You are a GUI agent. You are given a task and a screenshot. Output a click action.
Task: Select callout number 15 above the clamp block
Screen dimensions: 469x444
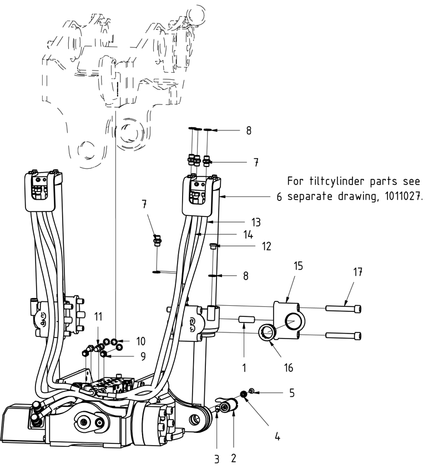coord(298,266)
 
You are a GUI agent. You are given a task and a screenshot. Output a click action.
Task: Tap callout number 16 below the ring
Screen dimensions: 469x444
coord(287,367)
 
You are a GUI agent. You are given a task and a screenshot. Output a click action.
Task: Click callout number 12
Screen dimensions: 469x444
coord(266,246)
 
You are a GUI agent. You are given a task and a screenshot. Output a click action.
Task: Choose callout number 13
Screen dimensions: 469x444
coord(255,222)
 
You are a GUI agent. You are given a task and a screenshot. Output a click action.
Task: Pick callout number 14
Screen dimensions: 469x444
coord(248,234)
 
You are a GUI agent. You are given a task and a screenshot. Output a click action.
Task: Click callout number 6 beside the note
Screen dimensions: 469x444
coord(280,196)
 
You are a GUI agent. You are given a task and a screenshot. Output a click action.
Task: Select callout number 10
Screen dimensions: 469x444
coord(141,340)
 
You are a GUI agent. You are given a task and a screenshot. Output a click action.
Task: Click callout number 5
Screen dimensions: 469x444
coord(292,393)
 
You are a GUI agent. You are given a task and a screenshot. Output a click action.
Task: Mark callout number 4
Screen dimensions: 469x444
coord(277,436)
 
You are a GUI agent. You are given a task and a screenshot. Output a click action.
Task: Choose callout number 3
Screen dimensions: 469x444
coord(217,459)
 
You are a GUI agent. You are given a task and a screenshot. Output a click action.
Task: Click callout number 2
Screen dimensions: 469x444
coord(234,458)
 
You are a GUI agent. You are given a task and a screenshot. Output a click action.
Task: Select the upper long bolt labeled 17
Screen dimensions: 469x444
coord(344,307)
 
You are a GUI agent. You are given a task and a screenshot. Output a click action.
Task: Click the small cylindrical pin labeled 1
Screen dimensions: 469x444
coord(245,321)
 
